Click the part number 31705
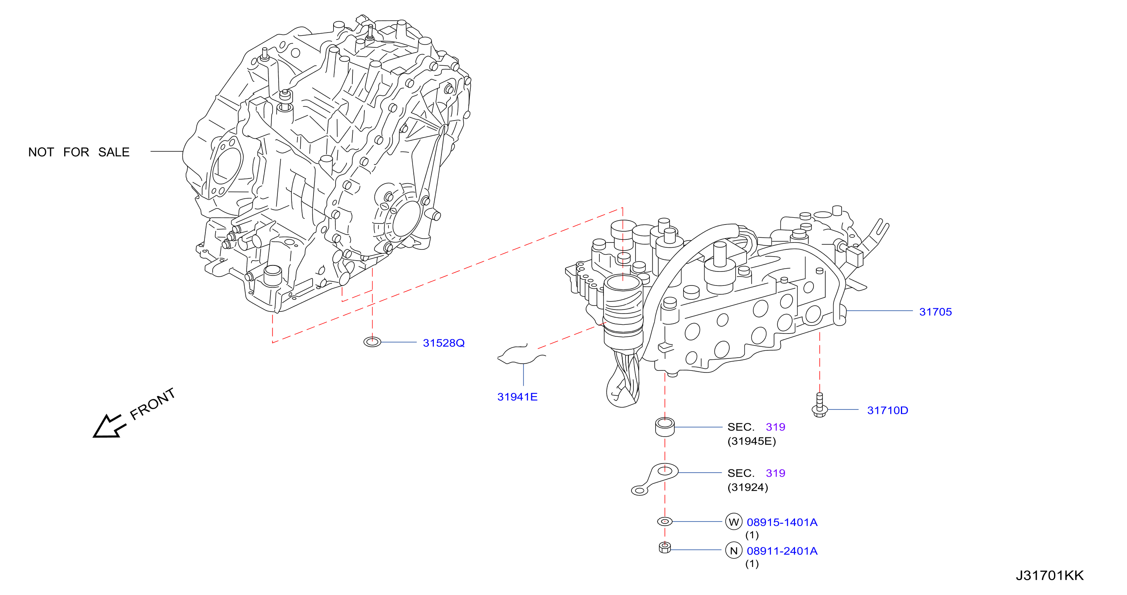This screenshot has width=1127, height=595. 935,312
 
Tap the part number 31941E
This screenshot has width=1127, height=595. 517,397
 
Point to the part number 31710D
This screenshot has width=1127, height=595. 888,411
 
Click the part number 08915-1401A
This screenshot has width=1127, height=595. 782,522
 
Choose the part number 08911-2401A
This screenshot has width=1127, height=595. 782,551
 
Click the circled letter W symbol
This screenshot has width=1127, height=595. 734,522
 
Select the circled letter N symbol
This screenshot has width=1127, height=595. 734,551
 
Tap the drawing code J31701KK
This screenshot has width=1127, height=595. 1050,576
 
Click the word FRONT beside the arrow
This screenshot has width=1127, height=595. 153,404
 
